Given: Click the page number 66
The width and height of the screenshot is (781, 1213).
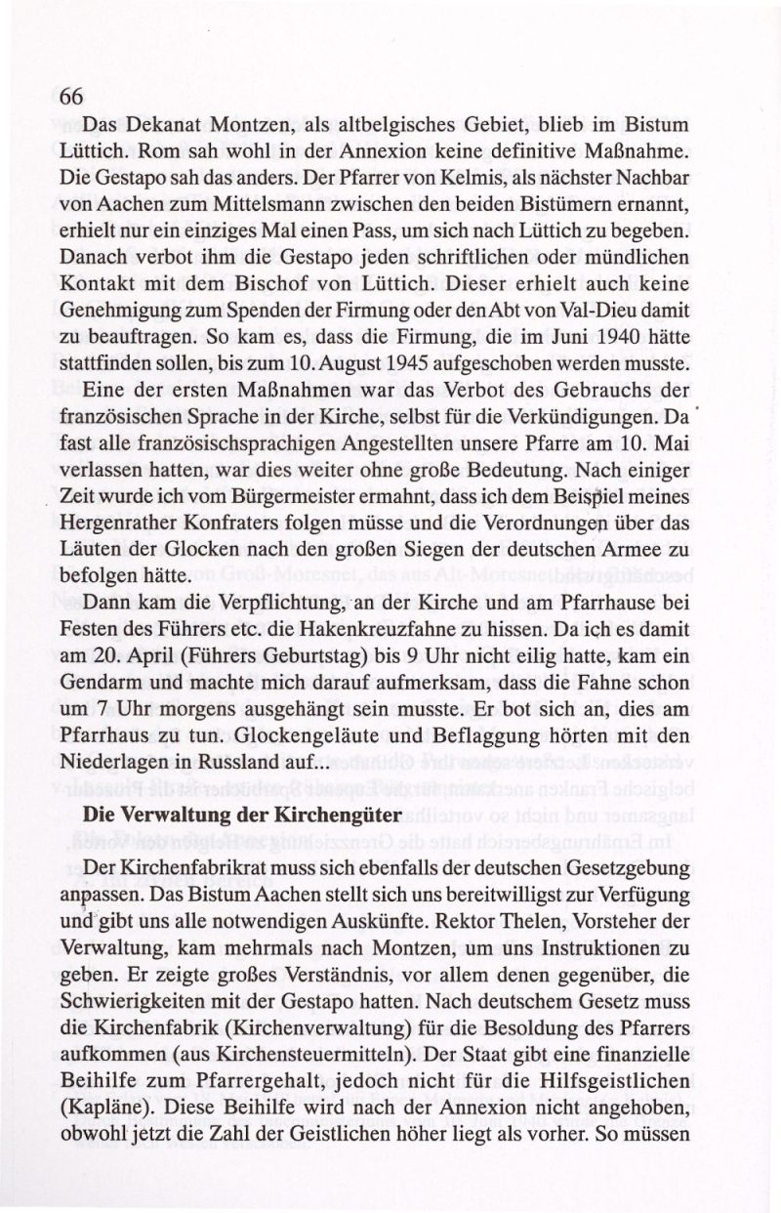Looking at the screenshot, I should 73,97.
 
